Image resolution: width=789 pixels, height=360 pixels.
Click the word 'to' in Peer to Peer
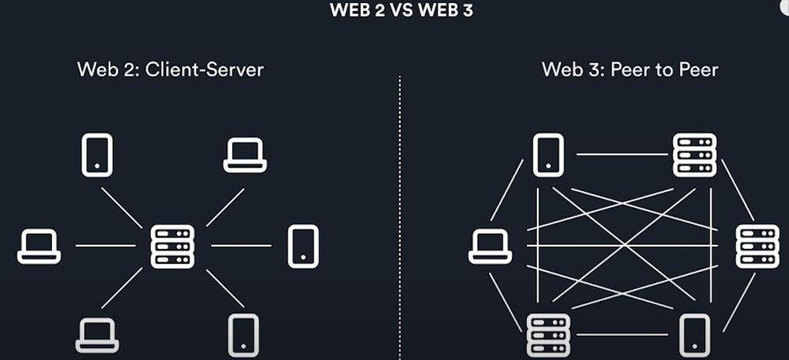tap(665, 69)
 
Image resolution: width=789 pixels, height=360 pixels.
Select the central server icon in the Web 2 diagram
tap(172, 246)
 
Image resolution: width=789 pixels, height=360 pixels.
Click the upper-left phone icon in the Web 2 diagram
tap(97, 155)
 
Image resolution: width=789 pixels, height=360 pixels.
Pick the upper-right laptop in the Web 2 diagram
tap(245, 155)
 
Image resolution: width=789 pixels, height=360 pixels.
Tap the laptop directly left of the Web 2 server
tap(39, 246)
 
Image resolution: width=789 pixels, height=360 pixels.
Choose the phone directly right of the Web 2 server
tap(303, 246)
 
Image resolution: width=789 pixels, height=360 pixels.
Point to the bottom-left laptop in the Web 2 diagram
tap(97, 334)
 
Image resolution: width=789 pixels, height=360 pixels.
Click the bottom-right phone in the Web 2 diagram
tap(243, 336)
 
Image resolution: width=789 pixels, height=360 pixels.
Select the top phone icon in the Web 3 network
tap(548, 154)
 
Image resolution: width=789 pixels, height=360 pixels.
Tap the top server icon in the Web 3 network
tap(695, 154)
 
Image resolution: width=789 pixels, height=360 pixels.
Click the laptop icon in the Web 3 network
tap(490, 246)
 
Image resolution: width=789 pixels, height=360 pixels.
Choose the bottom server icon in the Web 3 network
tap(546, 334)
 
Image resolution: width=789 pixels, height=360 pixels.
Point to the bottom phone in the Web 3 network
tap(694, 335)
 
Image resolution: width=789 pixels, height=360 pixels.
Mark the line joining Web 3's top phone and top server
tap(622, 154)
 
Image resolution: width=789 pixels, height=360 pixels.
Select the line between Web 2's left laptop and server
tap(106, 246)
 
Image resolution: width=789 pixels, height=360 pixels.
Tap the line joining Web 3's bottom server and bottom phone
tap(622, 335)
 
